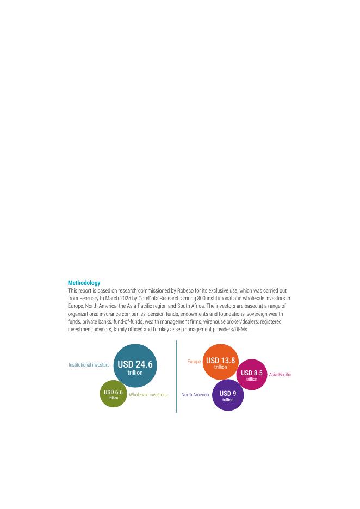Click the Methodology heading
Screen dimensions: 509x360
tap(84, 283)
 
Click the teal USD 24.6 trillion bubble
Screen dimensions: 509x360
tap(135, 366)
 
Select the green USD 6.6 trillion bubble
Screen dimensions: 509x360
tap(113, 394)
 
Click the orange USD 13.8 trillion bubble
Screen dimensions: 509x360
tap(220, 362)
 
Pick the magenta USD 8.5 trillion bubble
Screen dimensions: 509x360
tap(251, 375)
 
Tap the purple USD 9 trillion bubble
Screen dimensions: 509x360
tap(227, 395)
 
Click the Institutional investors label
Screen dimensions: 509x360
tap(89, 365)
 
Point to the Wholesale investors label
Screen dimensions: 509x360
tap(147, 395)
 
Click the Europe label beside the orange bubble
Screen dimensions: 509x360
tap(194, 362)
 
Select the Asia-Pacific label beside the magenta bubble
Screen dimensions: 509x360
tap(280, 375)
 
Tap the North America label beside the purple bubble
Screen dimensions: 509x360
tap(195, 395)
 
